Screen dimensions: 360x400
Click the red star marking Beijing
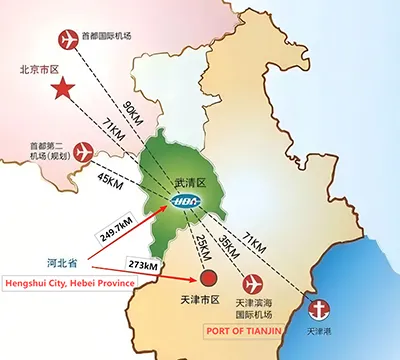pos(64,89)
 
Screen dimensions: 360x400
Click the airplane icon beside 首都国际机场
pos(69,40)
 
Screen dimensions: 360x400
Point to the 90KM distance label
pos(131,107)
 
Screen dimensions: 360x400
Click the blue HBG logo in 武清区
pos(188,202)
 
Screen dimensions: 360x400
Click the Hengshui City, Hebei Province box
pos(69,283)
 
